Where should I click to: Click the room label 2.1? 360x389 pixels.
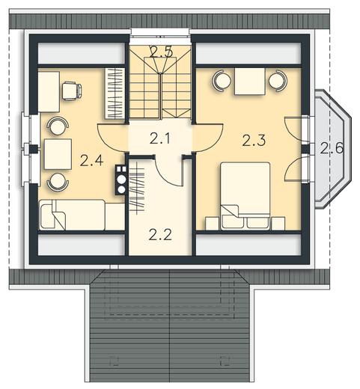[159, 138]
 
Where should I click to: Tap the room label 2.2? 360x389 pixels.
[160, 234]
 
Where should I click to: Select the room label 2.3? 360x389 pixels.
[254, 141]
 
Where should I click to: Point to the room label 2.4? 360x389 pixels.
[91, 161]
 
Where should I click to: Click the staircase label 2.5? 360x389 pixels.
[161, 52]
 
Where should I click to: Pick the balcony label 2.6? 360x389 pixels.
[332, 149]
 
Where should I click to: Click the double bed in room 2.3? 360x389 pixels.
[245, 195]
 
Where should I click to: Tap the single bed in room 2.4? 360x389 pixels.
[82, 215]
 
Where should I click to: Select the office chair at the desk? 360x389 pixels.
[72, 91]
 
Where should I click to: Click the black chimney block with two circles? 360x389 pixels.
[121, 180]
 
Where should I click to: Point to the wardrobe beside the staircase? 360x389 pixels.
[115, 94]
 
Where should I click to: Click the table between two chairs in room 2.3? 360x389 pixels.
[250, 82]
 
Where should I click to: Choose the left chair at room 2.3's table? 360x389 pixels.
[222, 81]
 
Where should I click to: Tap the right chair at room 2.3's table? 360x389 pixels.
[278, 81]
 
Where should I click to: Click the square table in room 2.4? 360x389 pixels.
[58, 154]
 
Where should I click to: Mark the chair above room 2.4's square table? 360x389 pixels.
[58, 126]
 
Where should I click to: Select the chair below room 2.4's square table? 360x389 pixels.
[58, 182]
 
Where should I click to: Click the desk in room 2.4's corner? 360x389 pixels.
[49, 92]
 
